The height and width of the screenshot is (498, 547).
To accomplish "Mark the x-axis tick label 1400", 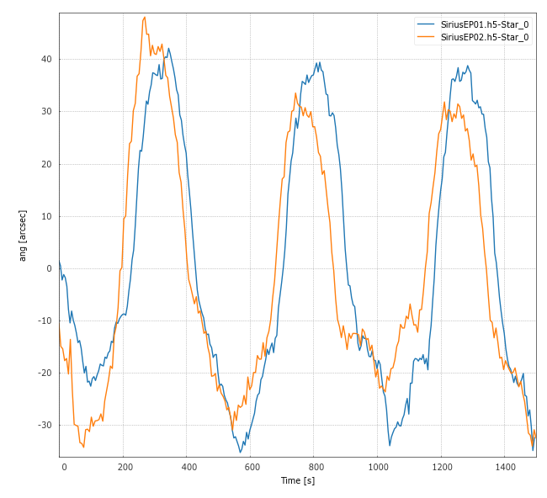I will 504,466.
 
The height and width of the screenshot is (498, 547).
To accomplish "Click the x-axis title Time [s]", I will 298,480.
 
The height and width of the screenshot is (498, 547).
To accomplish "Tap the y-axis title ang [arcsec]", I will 23,236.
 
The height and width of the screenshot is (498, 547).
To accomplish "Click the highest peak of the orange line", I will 145,17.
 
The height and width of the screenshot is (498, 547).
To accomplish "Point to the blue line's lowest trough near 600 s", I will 241,453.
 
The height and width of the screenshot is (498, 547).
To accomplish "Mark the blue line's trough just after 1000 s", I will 390,445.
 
